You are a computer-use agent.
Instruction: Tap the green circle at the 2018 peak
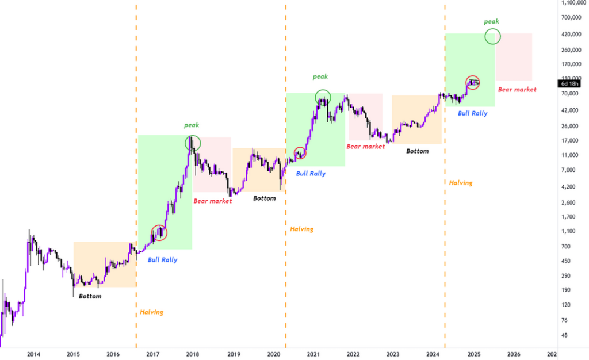(x=193, y=142)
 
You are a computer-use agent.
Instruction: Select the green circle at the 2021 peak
(x=323, y=97)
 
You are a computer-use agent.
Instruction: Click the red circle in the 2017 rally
(x=159, y=233)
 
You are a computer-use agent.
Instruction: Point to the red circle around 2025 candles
(x=473, y=83)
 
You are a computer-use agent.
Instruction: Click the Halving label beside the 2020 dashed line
(x=301, y=229)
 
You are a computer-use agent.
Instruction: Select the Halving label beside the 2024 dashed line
(x=460, y=183)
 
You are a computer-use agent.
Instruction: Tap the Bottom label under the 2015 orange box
(x=90, y=296)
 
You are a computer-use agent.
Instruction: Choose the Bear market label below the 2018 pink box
(x=212, y=201)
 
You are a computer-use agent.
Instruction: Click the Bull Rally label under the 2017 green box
(x=162, y=260)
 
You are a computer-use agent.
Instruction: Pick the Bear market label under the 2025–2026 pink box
(x=517, y=90)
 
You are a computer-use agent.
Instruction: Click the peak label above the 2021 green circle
(x=320, y=76)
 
